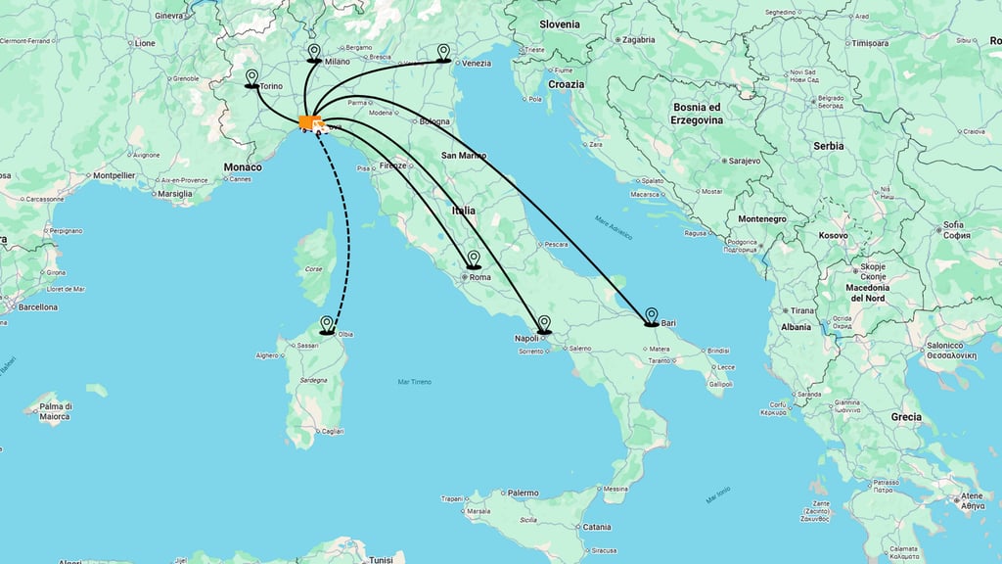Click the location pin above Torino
pyautogui.click(x=251, y=76)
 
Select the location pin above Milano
pyautogui.click(x=314, y=51)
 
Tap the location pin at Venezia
pyautogui.click(x=443, y=51)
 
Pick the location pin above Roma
pyautogui.click(x=474, y=258)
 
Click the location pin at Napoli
pyautogui.click(x=544, y=322)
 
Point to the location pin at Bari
pyautogui.click(x=651, y=314)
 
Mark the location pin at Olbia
pyautogui.click(x=327, y=323)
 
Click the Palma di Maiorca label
pyautogui.click(x=55, y=411)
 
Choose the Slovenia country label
pyautogui.click(x=559, y=24)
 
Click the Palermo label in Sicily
pyautogui.click(x=524, y=493)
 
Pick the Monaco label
pyautogui.click(x=243, y=167)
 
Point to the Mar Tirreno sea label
pyautogui.click(x=415, y=382)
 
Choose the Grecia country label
pyautogui.click(x=906, y=417)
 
